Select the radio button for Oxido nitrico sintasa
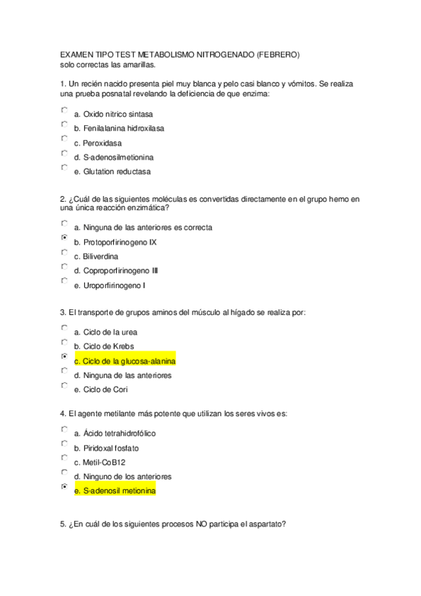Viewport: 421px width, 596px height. [65, 110]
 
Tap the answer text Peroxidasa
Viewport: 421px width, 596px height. [97, 143]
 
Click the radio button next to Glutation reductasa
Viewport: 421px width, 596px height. [65, 168]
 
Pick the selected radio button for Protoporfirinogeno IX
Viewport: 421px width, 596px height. [65, 239]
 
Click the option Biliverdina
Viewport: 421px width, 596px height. [101, 257]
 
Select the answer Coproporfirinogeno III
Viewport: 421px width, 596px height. [120, 271]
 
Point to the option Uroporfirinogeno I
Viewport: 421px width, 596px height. [114, 285]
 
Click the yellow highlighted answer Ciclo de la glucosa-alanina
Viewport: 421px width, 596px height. [124, 361]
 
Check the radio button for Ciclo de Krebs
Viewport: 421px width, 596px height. [65, 343]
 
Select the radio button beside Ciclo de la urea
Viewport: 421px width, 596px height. [65, 328]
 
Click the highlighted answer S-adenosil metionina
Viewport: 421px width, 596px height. [115, 491]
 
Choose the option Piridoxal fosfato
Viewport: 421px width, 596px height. [111, 448]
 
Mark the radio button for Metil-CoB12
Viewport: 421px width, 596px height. [65, 459]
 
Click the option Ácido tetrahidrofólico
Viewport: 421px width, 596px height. [119, 434]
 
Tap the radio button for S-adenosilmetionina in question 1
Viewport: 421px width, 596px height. [65, 154]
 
